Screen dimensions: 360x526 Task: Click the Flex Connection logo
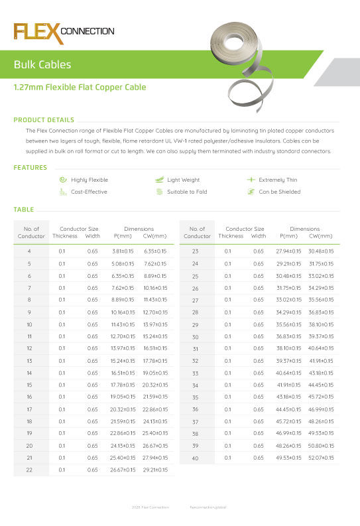[x=64, y=31]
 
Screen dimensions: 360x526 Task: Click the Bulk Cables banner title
[x=42, y=65]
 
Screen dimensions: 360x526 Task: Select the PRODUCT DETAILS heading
[x=44, y=120]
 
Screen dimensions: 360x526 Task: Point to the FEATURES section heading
[x=30, y=167]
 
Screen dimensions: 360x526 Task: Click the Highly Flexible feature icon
[x=62, y=180]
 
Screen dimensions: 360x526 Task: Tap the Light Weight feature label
[x=183, y=180]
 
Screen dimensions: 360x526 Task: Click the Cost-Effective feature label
[x=89, y=192]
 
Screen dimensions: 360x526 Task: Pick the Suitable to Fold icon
[x=159, y=192]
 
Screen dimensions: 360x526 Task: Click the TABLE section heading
[x=24, y=210]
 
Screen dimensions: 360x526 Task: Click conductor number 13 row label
[x=29, y=360]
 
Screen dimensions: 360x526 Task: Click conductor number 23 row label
[x=196, y=251]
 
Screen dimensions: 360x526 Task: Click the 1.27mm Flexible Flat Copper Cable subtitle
[x=80, y=88]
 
